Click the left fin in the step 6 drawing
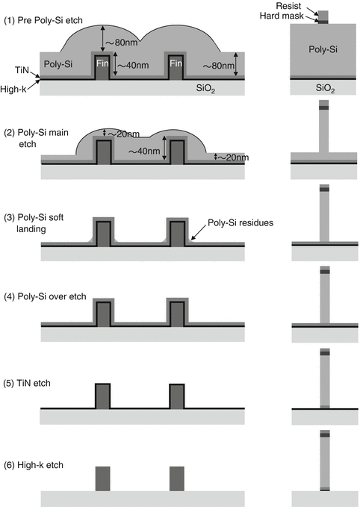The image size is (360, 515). tap(102, 479)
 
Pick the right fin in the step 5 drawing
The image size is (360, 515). tap(176, 396)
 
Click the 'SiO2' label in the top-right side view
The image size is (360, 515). tap(323, 88)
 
